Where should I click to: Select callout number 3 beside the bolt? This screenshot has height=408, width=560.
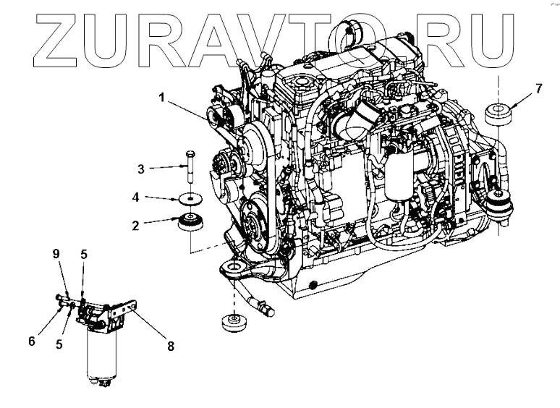pos(142,169)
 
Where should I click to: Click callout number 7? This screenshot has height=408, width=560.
pos(538,89)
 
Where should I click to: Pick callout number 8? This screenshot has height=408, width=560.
pos(171,347)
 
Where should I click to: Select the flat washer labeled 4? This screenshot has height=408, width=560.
pos(188,197)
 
